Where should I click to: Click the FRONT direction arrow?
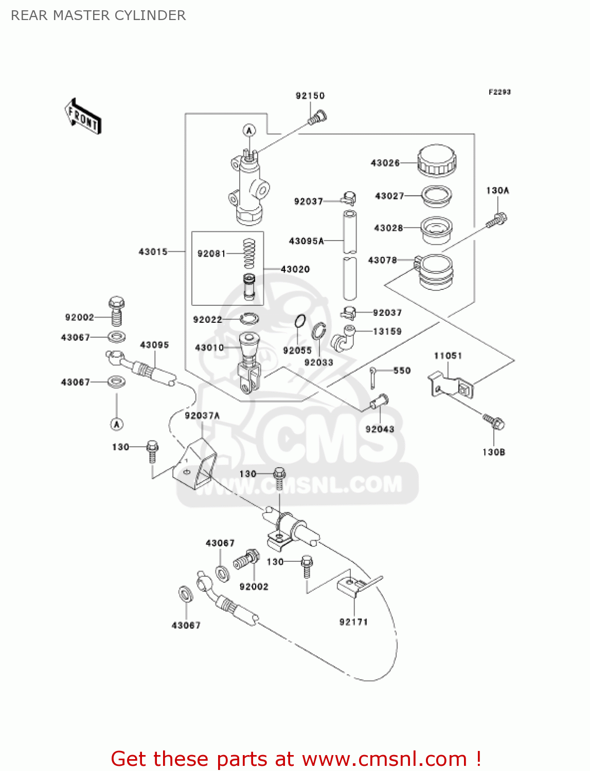click(x=83, y=117)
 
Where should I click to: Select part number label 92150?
click(x=310, y=96)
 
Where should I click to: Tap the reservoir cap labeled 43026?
click(x=436, y=160)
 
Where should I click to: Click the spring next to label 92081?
click(x=249, y=253)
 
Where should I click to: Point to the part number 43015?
click(x=153, y=252)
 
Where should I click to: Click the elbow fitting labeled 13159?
click(x=344, y=338)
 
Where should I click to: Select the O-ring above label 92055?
click(x=300, y=322)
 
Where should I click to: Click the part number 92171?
click(x=353, y=622)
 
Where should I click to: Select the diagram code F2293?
click(x=499, y=92)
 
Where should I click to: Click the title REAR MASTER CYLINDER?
click(x=98, y=15)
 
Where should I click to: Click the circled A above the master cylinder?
click(x=249, y=131)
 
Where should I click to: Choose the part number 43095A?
click(x=306, y=241)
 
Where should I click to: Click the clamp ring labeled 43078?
click(x=435, y=272)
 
